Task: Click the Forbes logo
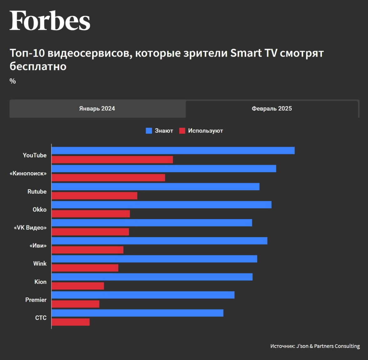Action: pos(50,21)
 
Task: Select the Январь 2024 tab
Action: pos(97,109)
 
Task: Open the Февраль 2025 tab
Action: pos(272,109)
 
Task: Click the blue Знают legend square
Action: pos(149,131)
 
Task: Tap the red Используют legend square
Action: pos(182,131)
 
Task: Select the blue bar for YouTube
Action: pos(173,150)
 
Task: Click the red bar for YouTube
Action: pos(112,160)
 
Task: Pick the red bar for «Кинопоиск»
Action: pos(108,178)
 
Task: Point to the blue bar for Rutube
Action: pos(156,186)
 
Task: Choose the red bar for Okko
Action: pos(91,214)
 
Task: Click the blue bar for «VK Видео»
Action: pos(152,223)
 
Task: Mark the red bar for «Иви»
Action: pos(88,250)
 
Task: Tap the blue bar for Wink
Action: pos(154,259)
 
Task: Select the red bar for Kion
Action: pos(78,286)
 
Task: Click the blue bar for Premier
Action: pos(143,295)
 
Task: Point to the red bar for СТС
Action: pos(71,322)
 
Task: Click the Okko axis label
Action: pos(39,210)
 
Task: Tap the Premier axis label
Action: pos(36,300)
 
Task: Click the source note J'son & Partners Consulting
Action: pos(315,346)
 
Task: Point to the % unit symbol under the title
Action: pos(13,81)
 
